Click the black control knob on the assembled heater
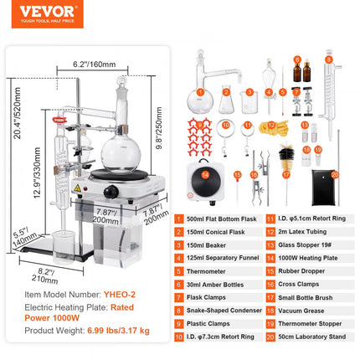pos(109,193)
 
